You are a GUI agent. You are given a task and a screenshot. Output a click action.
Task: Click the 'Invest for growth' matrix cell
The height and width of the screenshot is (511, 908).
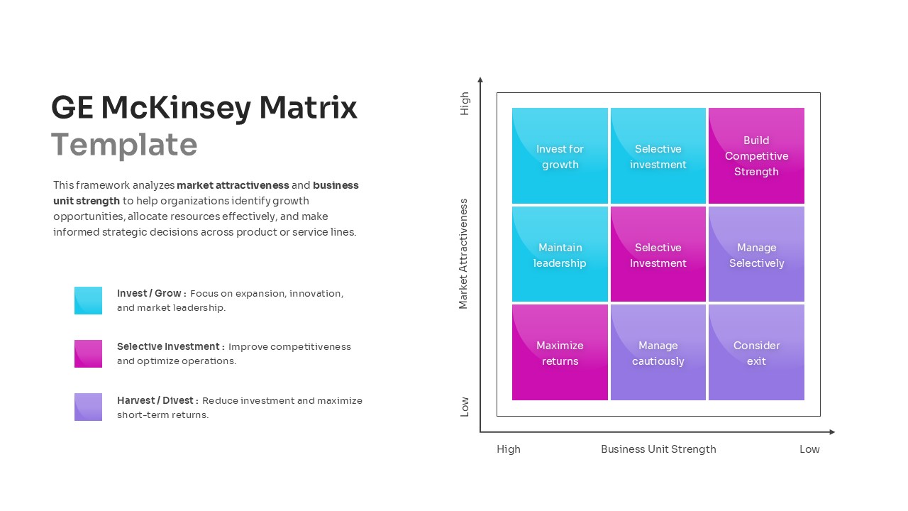click(560, 156)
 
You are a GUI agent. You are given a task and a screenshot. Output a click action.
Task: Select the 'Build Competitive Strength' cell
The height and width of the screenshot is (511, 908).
click(756, 156)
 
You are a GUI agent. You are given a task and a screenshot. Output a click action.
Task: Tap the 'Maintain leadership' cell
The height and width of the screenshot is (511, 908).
click(560, 255)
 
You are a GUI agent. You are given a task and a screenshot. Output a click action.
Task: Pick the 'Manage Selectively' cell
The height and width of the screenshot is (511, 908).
click(756, 255)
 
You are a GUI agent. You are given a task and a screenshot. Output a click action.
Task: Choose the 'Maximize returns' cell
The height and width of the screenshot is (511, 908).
click(560, 353)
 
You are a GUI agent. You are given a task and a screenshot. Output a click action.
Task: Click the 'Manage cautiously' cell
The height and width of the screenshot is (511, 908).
click(658, 353)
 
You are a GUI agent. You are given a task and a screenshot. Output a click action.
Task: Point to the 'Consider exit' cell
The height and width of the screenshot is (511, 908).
click(756, 353)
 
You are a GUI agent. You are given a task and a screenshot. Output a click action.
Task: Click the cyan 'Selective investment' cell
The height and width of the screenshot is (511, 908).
click(658, 156)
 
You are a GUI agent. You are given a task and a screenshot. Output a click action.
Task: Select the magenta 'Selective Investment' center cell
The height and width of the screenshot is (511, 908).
click(658, 255)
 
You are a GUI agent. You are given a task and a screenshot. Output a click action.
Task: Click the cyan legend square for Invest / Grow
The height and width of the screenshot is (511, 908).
click(88, 300)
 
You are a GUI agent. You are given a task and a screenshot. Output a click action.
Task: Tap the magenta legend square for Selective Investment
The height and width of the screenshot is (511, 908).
click(88, 353)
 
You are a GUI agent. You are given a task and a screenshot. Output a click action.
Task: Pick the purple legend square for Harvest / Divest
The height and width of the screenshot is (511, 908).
click(88, 407)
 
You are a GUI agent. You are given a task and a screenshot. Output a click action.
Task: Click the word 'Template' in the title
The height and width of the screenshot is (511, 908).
click(124, 145)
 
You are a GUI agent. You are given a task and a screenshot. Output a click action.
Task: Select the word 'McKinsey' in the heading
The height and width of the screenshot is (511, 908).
click(176, 108)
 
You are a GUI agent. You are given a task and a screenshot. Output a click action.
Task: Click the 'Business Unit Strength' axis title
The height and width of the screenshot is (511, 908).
click(658, 449)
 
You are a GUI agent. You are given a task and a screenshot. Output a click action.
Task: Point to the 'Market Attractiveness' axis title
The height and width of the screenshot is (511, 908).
click(464, 253)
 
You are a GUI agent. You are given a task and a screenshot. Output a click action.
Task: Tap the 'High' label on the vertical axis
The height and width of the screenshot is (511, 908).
click(465, 104)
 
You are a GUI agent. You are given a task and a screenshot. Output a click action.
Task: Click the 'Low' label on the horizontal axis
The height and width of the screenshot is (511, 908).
click(809, 449)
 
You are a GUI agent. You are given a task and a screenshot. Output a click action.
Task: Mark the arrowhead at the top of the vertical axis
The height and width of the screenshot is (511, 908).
click(480, 80)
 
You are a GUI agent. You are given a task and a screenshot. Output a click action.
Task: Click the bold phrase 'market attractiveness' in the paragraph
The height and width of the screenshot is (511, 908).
click(233, 185)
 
